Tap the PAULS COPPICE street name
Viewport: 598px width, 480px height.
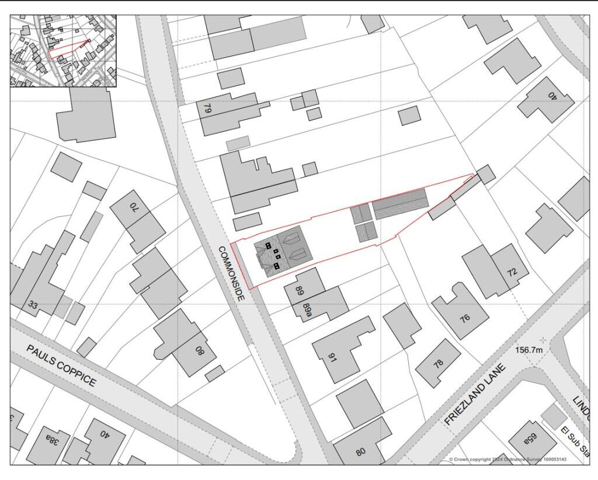coord(61,365)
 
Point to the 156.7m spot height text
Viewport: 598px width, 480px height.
coord(529,350)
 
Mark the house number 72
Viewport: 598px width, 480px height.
coord(512,273)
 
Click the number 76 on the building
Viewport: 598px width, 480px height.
coord(465,319)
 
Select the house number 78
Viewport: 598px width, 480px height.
coord(439,363)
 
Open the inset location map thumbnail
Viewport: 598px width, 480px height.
coord(63,51)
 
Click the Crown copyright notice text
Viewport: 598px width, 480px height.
coord(507,460)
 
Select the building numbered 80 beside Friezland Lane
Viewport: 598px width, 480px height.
coord(361,450)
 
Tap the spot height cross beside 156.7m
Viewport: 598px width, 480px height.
coord(544,339)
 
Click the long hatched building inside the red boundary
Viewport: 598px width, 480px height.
coord(401,204)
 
